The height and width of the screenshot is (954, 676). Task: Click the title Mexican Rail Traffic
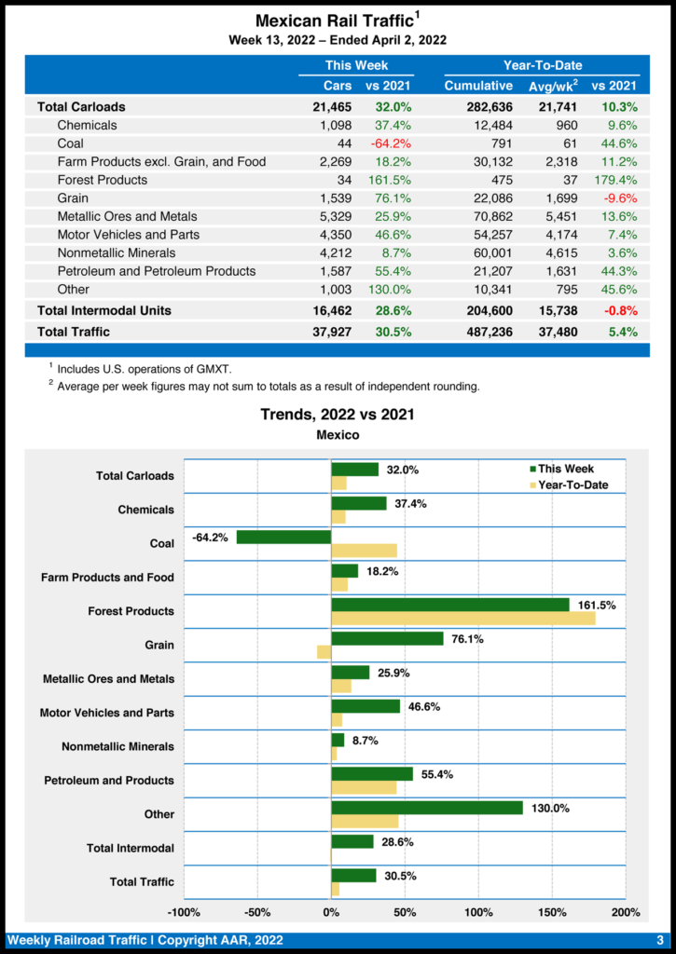coord(334,20)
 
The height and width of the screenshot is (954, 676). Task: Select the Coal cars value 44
coord(342,143)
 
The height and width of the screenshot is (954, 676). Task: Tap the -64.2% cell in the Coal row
coord(388,143)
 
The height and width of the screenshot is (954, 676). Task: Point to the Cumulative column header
coord(478,87)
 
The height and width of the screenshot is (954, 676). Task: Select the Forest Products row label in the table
coord(102,180)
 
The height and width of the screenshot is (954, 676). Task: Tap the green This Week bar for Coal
coord(283,537)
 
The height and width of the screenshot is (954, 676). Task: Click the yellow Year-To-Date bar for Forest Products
coord(462,619)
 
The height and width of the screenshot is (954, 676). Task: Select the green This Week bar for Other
coord(426,808)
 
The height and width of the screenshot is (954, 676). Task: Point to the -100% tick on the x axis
coord(185,912)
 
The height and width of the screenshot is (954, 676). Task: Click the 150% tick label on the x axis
coord(552,912)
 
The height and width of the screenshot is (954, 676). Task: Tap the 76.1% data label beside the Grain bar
coord(465,639)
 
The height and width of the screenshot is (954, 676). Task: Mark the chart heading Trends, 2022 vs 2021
coord(337,415)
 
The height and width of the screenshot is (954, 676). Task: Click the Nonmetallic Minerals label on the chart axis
coord(117,746)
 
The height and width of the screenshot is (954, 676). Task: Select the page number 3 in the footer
coord(659,940)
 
